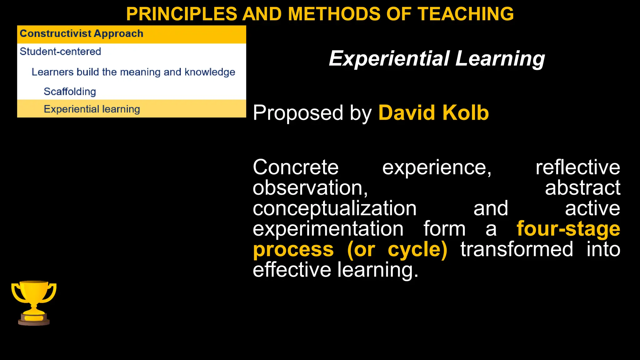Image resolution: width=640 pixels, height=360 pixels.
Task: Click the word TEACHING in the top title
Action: coord(466,14)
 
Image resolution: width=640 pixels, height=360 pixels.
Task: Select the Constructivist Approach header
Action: coord(82,34)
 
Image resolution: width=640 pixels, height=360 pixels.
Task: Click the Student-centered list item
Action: coord(60,52)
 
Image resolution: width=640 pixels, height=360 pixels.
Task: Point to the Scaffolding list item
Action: coord(70,92)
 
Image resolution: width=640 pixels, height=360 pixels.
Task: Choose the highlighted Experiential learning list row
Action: coord(92,109)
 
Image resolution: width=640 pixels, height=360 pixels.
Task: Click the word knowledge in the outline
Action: coord(210,72)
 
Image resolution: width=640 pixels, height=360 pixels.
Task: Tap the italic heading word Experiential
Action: coord(389,59)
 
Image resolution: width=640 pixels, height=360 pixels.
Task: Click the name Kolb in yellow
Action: coord(465,113)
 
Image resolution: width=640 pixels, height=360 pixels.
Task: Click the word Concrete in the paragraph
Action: coord(295,167)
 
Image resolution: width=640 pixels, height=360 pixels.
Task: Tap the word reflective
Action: coord(577,167)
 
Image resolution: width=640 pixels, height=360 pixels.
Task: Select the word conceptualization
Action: coord(334,209)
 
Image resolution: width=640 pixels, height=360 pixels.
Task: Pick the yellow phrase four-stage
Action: coord(568,229)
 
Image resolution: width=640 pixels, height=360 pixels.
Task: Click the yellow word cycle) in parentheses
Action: coord(417,250)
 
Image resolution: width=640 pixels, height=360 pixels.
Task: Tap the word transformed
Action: coord(517,250)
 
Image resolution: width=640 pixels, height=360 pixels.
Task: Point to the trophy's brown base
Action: coord(34,322)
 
